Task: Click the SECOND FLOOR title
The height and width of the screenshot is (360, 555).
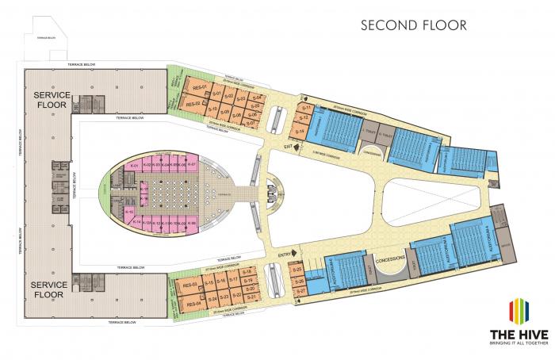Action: [413, 25]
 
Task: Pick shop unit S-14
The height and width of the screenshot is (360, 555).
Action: [300, 131]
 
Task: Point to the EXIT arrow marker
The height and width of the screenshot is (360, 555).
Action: [289, 147]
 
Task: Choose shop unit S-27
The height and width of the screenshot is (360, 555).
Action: [299, 291]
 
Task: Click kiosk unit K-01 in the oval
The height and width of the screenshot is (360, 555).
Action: [134, 165]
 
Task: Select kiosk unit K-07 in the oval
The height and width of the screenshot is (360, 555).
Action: [191, 165]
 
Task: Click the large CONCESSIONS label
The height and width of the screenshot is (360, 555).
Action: [391, 259]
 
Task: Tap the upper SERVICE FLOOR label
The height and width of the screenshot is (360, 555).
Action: [52, 99]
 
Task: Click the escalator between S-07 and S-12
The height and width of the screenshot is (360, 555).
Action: [274, 120]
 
